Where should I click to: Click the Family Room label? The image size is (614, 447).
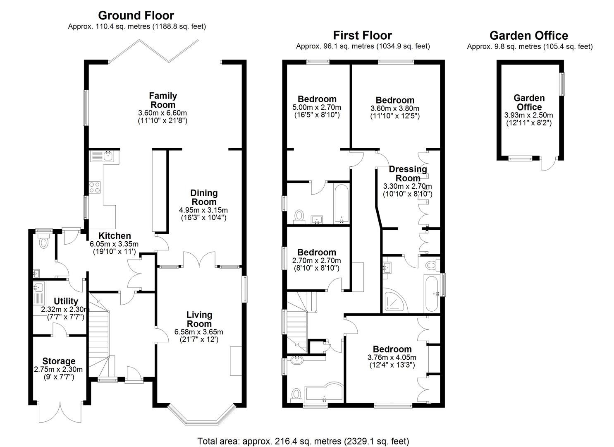(163, 100)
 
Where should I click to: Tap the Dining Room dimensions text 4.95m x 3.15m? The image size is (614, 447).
(204, 210)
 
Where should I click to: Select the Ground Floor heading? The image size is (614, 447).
(136, 15)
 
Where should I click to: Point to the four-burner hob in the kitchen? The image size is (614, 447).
(95, 187)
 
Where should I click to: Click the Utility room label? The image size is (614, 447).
(66, 301)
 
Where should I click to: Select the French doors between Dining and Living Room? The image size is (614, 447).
(200, 260)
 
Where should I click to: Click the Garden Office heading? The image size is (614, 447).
(529, 36)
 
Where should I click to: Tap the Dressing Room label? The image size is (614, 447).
(408, 173)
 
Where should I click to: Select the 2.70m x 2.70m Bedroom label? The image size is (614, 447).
(316, 252)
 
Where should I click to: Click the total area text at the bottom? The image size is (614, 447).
(303, 441)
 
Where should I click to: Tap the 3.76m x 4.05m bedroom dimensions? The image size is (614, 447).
(392, 358)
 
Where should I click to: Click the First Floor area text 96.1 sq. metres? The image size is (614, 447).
(363, 46)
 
